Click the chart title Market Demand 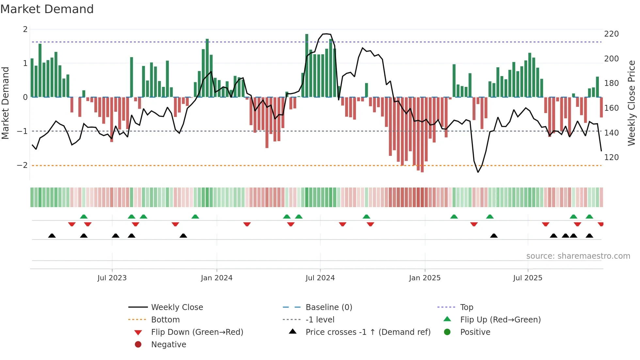pos(47,9)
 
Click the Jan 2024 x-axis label pos(216,278)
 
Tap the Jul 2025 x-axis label pos(527,278)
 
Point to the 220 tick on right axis pos(611,34)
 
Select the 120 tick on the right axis pos(611,157)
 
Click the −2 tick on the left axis pos(22,165)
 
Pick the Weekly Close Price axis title pos(632,103)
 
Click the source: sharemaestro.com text pos(578,256)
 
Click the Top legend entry pos(466,307)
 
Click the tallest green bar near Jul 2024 pos(307,65)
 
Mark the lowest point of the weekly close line pos(478,172)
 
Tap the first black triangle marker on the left pos(52,236)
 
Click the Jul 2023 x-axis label pos(112,278)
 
